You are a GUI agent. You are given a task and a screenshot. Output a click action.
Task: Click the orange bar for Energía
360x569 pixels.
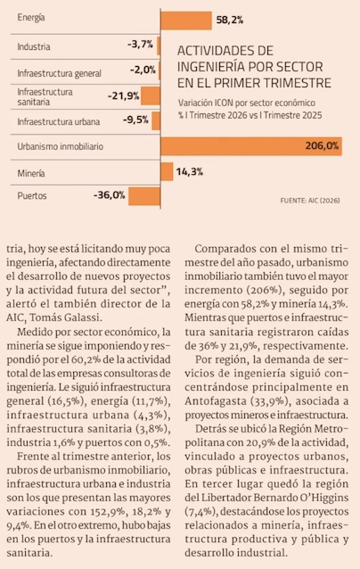(186, 21)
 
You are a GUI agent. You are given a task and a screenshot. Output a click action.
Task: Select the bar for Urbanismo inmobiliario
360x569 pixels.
(251, 146)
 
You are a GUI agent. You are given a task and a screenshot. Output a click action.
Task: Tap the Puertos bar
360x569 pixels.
(144, 196)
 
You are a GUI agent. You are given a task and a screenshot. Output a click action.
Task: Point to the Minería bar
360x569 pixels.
(167, 171)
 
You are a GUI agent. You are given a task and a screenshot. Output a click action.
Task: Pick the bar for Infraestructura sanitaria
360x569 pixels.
(151, 96)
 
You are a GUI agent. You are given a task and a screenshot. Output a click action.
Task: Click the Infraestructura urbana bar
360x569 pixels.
(156, 120)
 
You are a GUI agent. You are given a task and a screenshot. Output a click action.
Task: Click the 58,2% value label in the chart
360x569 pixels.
(230, 20)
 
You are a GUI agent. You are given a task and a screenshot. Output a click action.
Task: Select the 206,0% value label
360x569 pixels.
(322, 145)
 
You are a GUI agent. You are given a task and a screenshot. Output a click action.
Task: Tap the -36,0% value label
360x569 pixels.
(109, 195)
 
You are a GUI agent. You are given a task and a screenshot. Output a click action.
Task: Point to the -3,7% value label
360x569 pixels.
(140, 45)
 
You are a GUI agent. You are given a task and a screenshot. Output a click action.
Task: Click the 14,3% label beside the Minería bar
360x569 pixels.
(190, 171)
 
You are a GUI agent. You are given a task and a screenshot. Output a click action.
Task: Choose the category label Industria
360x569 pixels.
(34, 46)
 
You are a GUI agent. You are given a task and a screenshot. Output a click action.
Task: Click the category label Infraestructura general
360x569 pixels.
(60, 73)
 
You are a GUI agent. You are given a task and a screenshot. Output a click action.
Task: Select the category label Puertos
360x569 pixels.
(32, 196)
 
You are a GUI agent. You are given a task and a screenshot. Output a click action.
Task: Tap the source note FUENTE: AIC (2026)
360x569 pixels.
(310, 201)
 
